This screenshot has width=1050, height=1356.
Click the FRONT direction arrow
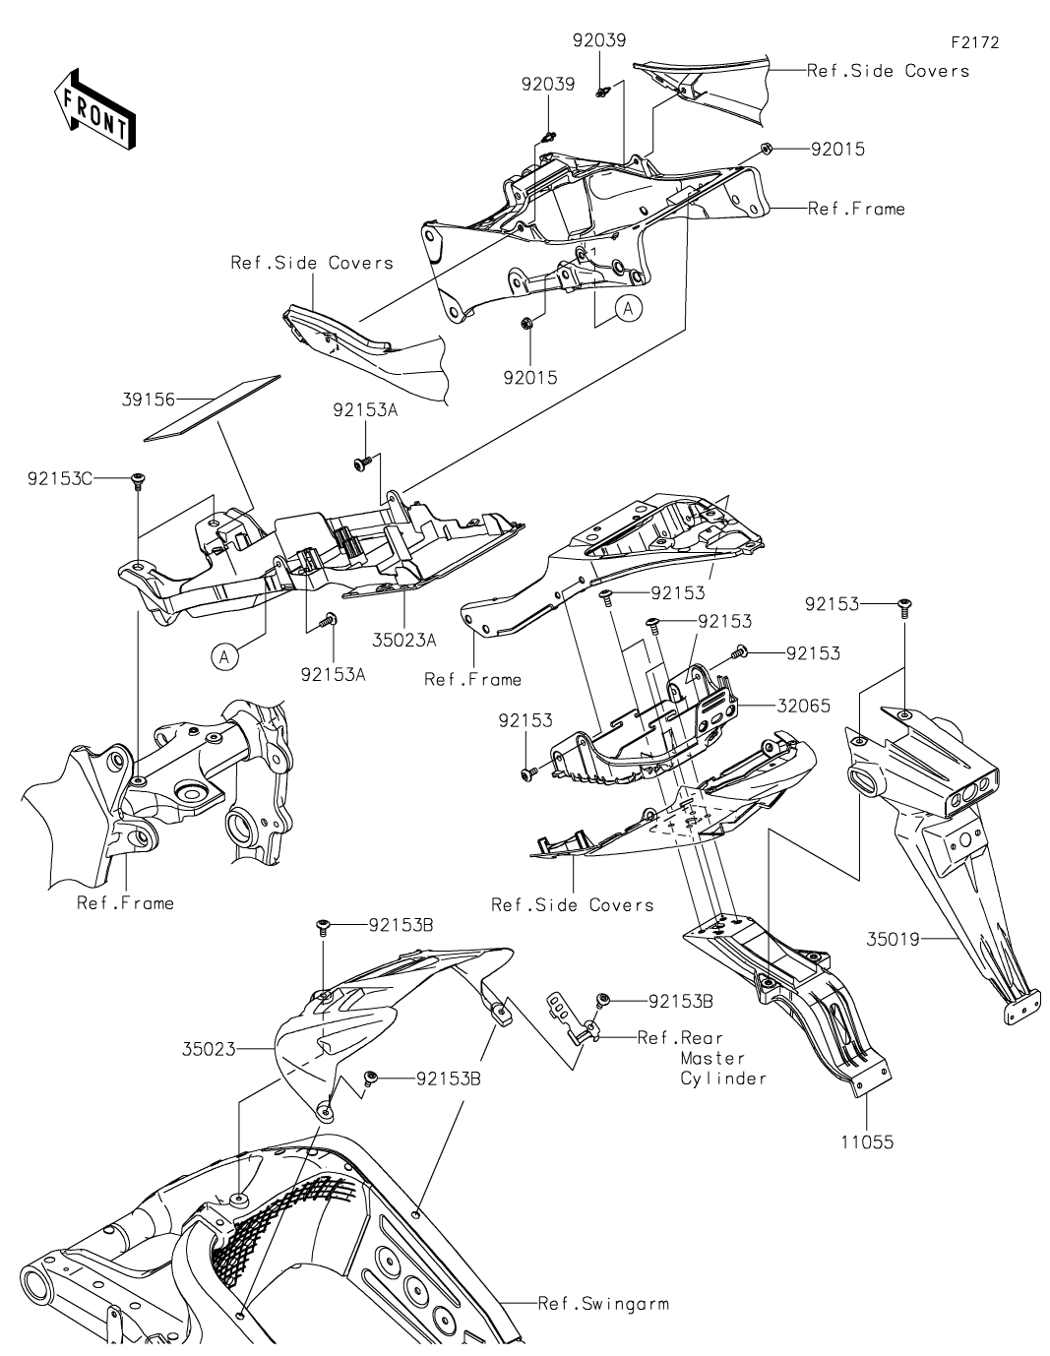[x=93, y=109]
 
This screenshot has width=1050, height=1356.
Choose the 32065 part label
[x=803, y=706]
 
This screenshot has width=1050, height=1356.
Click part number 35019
[x=893, y=940]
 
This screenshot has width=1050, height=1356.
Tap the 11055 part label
[x=867, y=1143]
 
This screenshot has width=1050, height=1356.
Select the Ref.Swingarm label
[x=603, y=1304]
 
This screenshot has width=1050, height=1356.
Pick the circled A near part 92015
[x=629, y=309]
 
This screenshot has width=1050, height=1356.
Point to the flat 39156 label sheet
[x=212, y=406]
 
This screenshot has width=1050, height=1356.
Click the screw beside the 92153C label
[x=137, y=479]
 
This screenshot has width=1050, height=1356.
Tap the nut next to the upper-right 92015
[x=765, y=150]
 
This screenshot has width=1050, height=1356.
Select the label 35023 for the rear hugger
[x=208, y=1049]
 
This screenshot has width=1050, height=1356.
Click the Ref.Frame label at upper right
[x=855, y=209]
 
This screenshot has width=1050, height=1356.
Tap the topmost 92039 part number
[x=599, y=40]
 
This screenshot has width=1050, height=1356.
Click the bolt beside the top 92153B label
[x=322, y=925]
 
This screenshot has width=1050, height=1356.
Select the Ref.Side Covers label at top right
[x=888, y=71]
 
